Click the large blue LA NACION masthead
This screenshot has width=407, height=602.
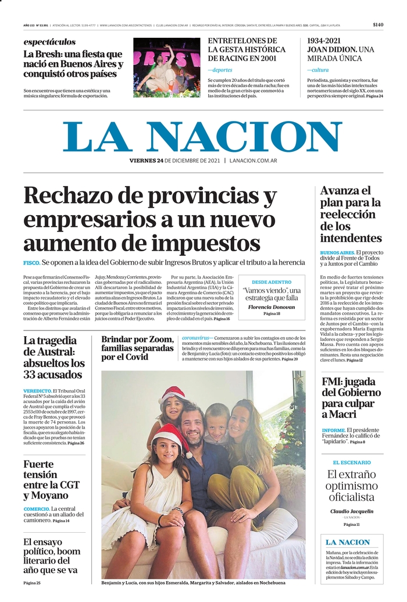[x=203, y=137]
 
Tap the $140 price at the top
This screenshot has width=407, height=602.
[x=378, y=25]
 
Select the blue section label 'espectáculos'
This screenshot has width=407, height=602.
[x=49, y=42]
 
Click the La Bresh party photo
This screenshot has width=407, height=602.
[x=166, y=67]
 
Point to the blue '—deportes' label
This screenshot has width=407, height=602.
[x=220, y=70]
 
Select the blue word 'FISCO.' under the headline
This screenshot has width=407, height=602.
[x=31, y=263]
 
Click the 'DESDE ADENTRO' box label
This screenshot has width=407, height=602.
[x=272, y=282]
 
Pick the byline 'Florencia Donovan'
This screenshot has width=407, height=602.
[x=272, y=307]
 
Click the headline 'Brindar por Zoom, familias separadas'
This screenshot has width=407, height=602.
[x=137, y=348]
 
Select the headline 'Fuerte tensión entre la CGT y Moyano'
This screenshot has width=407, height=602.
[x=52, y=480]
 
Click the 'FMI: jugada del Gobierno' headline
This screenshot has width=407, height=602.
[x=351, y=398]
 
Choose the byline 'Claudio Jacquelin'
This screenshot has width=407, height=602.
[x=351, y=511]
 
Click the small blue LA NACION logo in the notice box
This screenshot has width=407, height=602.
[x=347, y=543]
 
